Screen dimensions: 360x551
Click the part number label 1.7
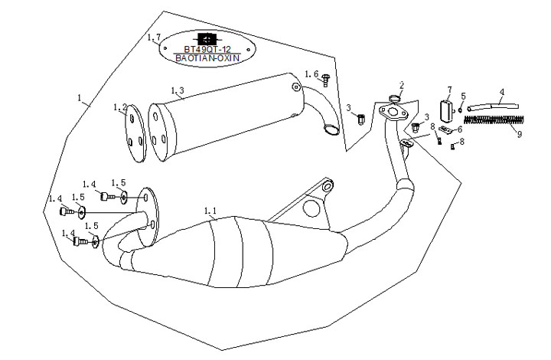pos(153,38)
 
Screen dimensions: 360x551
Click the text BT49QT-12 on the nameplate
pos(205,48)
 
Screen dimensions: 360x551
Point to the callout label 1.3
pos(177,91)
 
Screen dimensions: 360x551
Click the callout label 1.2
pos(119,107)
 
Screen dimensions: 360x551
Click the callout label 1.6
pos(311,74)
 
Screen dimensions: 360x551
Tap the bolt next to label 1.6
pos(325,77)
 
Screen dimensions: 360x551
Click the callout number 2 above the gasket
pos(402,84)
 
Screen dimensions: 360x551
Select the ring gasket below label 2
pos(396,98)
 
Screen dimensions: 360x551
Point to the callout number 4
pos(501,93)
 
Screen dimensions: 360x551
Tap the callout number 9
pos(519,134)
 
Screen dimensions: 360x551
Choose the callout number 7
pos(449,90)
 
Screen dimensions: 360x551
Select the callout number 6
pos(459,129)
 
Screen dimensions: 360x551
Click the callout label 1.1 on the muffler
pos(210,210)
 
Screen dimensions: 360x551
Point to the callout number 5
pos(463,96)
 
